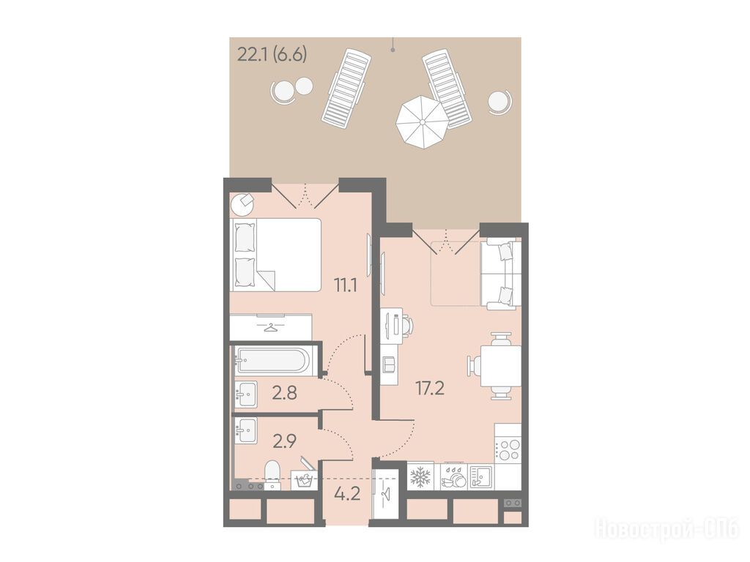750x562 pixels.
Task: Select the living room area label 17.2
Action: point(430,389)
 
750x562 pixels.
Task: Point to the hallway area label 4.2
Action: point(347,492)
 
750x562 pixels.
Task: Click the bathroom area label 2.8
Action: point(285,393)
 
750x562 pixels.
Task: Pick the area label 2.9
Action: point(285,441)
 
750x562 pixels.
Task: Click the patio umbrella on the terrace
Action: point(423,122)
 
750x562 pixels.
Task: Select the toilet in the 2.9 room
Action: point(273,474)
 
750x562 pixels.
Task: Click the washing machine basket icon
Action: point(302,480)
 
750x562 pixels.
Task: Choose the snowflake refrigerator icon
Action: point(421,476)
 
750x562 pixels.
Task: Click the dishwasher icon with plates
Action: point(453,476)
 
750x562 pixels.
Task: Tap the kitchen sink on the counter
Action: point(480,476)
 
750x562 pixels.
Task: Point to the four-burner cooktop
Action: point(508,449)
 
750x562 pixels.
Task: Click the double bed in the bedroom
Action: point(276,255)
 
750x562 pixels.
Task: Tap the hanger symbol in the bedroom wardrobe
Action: point(271,327)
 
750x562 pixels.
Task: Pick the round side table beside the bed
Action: point(242,205)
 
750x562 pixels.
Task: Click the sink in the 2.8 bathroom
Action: point(246,394)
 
